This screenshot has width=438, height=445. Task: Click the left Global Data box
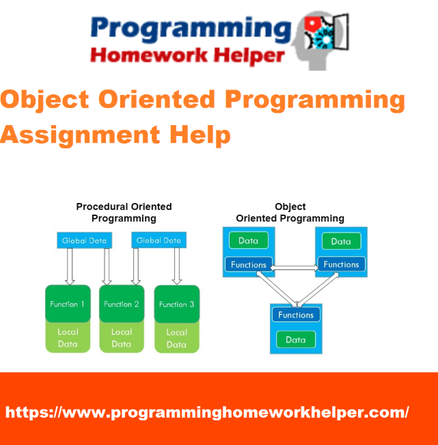point(84,241)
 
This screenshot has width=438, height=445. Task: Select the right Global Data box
point(159,240)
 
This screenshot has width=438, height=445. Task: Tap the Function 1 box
point(68,304)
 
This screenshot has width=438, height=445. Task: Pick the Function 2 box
point(122,304)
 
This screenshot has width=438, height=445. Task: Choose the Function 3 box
point(177,304)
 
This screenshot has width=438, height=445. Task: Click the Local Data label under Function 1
point(68,338)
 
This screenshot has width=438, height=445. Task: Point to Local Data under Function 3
point(176,338)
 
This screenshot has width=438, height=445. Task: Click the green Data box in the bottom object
point(296,340)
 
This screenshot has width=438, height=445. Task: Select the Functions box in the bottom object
point(296,314)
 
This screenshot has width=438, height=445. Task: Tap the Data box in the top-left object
point(249,241)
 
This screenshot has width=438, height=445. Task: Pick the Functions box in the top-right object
point(341,265)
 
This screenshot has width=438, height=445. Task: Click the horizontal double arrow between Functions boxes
point(295,268)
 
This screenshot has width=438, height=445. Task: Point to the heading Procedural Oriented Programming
point(124,213)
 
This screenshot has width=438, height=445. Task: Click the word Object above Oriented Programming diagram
point(290,206)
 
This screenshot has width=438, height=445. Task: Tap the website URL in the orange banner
point(207,412)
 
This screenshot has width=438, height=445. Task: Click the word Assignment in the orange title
point(81,135)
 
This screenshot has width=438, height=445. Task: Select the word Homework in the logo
point(149,55)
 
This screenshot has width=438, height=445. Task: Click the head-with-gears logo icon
point(320,40)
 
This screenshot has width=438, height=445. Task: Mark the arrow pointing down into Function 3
point(177,266)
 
